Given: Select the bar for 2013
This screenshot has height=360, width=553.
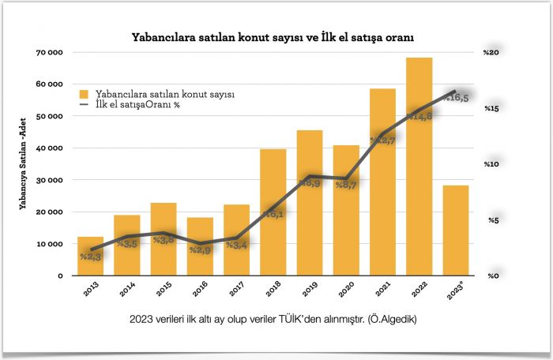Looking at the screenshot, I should coord(90,257).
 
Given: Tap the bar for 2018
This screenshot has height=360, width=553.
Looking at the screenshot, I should coord(273,212).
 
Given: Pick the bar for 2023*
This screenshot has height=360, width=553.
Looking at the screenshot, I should coord(455,231).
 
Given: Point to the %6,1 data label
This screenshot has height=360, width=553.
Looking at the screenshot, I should coord(273,214).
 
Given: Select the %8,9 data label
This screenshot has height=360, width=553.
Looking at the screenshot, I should coord(310,182).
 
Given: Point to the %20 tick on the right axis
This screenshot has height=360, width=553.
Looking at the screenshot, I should coord(491,52).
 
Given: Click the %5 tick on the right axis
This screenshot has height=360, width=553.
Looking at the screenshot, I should coord(491,220).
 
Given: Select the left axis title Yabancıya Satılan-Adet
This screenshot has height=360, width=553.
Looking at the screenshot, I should coord(27,163).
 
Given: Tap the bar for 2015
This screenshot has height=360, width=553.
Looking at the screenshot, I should coord(163,239).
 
